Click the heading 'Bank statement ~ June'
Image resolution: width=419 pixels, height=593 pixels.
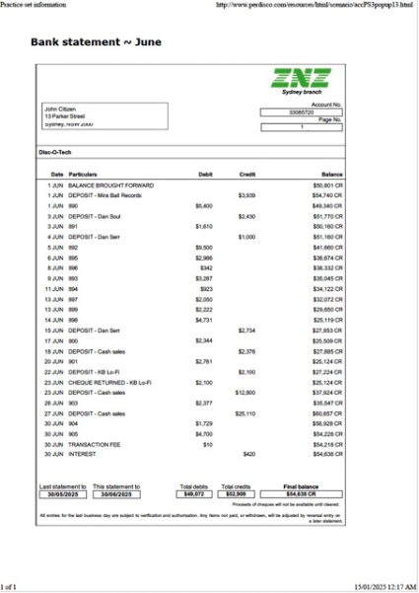(x=97, y=42)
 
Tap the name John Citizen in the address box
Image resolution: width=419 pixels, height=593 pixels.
(x=60, y=109)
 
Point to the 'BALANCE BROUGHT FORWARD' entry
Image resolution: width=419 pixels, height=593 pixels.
(x=110, y=185)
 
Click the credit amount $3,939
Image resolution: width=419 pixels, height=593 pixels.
(x=247, y=195)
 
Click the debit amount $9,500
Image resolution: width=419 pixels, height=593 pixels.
(x=205, y=247)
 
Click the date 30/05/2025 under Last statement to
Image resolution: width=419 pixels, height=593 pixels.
(x=62, y=494)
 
